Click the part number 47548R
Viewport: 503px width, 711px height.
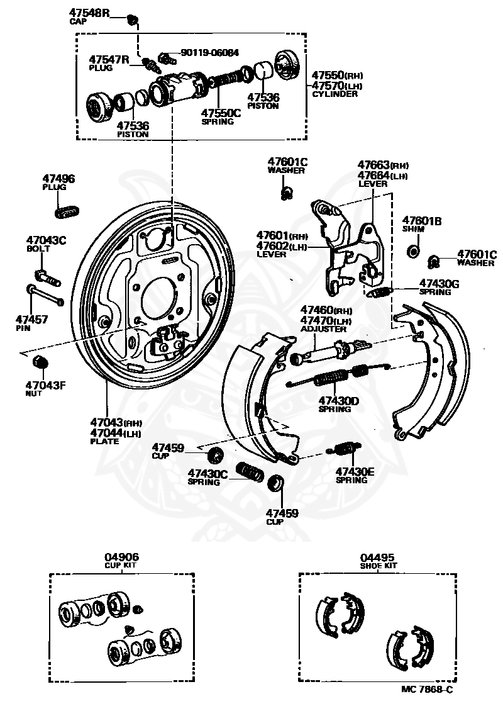tap(89, 13)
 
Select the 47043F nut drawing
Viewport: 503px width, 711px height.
tap(40, 362)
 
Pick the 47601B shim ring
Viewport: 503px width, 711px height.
tap(414, 252)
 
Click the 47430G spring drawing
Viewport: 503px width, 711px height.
tap(380, 291)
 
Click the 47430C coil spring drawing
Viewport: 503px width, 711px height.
tap(250, 472)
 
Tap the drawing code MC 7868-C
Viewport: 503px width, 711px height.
tap(427, 690)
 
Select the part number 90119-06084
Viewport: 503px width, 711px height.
tap(209, 53)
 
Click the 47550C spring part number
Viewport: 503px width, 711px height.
tap(221, 113)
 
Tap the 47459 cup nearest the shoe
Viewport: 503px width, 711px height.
tap(215, 454)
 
